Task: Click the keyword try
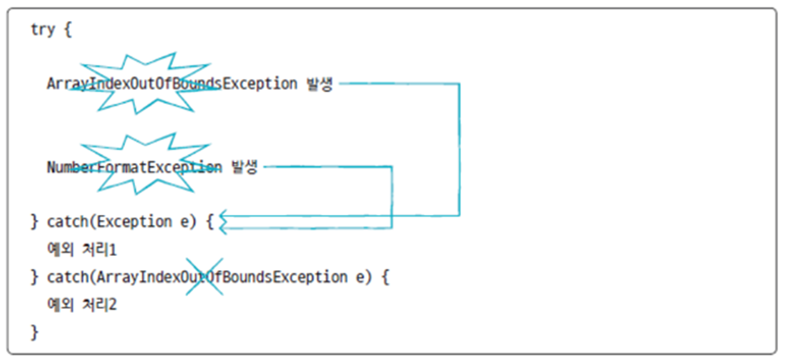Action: [42, 29]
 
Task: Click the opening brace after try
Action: [67, 29]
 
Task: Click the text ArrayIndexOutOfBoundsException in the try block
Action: [172, 84]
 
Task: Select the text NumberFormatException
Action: [134, 167]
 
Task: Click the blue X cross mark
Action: [203, 277]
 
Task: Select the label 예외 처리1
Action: [81, 249]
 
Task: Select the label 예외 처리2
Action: [81, 304]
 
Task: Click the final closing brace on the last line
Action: [34, 331]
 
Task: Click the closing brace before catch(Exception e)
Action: [34, 222]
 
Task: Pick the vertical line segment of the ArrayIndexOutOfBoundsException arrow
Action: [459, 149]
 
